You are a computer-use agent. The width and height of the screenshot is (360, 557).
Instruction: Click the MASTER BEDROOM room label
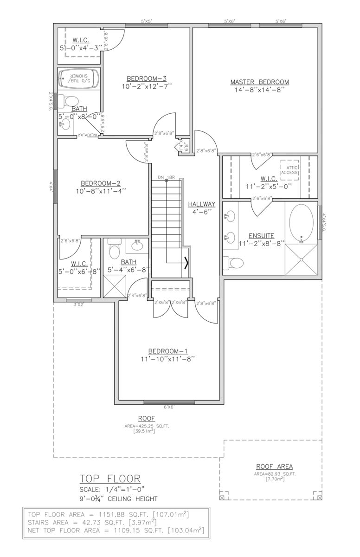259,82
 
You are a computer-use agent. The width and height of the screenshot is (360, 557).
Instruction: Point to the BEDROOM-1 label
168,351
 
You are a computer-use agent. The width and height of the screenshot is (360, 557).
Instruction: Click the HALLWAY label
202,204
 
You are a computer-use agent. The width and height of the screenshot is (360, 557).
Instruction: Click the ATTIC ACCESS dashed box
289,169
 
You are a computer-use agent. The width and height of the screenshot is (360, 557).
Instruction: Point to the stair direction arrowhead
187,263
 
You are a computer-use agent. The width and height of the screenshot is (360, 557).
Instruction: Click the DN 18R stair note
166,178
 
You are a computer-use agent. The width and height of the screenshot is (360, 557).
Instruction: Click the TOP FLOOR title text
110,479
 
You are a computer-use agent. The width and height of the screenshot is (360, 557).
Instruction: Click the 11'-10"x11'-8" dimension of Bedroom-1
168,359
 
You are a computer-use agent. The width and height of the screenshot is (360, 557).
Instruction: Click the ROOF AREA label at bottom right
274,466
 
